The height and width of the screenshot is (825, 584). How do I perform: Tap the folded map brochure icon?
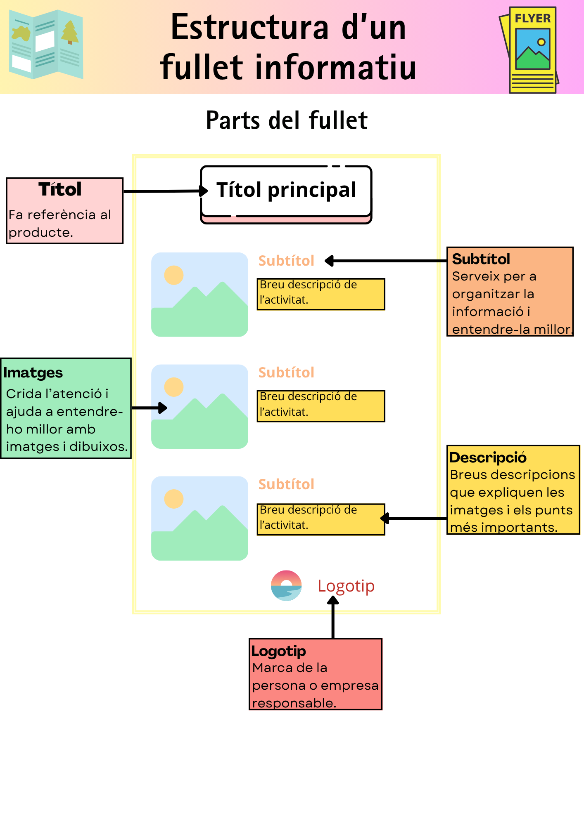tap(46, 45)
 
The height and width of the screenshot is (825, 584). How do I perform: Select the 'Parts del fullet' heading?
tap(287, 120)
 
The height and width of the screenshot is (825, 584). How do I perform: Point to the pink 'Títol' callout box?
tap(65, 211)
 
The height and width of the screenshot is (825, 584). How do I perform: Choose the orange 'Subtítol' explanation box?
tap(510, 292)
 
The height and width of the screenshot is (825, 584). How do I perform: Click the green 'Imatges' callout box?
tap(66, 408)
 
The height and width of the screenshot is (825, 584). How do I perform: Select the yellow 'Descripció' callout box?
tap(513, 490)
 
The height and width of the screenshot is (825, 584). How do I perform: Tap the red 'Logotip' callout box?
tap(316, 674)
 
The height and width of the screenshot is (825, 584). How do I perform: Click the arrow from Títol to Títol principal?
tap(165, 191)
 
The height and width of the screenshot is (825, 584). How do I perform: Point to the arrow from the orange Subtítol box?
tap(386, 261)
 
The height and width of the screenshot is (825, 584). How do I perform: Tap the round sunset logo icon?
tap(286, 586)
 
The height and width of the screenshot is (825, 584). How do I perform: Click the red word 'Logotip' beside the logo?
tap(346, 586)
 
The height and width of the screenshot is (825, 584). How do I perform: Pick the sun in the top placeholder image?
tap(174, 275)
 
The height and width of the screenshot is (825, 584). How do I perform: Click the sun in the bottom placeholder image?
tap(174, 499)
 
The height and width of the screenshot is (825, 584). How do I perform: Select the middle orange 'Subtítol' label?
tap(286, 372)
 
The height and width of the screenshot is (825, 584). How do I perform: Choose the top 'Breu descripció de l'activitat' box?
tap(321, 294)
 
